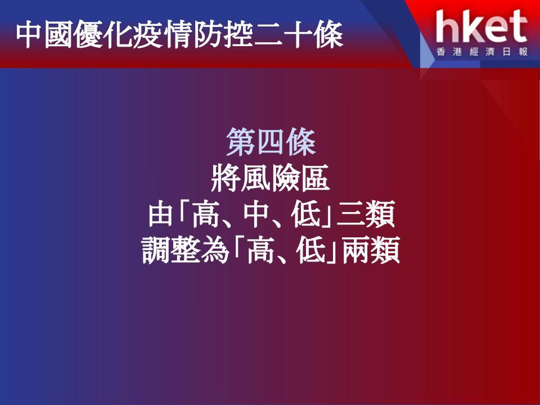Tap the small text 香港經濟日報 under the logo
(482, 52)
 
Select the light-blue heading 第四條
(271, 142)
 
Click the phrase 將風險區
(271, 178)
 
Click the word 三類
(366, 214)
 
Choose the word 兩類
(371, 250)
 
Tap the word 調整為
(185, 250)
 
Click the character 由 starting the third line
(160, 214)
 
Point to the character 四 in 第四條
(271, 142)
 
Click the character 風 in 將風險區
(255, 178)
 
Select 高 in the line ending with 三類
(206, 214)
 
